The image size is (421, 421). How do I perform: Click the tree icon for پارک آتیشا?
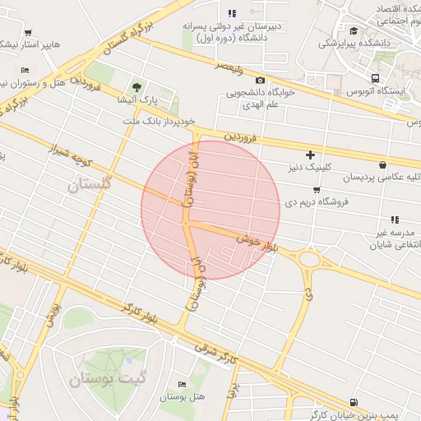click(x=136, y=87)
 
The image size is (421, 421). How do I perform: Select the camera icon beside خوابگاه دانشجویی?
click(x=261, y=80)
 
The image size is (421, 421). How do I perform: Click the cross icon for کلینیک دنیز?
click(x=310, y=155)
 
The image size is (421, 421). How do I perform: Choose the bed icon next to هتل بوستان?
click(x=182, y=385)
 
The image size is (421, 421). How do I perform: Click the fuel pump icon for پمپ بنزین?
click(x=353, y=402)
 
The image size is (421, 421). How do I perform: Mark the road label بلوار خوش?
click(x=266, y=243)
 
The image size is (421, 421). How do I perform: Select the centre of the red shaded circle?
click(x=210, y=210)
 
